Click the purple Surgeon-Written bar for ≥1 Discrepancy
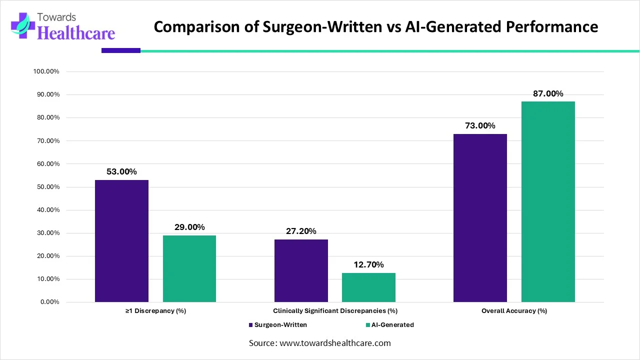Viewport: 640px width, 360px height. [121, 241]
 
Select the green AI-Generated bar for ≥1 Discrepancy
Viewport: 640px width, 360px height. [189, 268]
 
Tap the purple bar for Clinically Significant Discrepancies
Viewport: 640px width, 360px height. [301, 270]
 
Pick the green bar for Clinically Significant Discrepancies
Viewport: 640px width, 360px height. [368, 287]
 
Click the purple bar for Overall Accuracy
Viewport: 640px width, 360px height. [480, 218]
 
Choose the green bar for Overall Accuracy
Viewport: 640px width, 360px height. [548, 202]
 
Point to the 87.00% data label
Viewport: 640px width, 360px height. [548, 93]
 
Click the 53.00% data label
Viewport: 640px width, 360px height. [121, 171]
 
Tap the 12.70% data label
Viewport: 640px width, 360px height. [368, 264]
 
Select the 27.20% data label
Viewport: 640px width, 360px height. [301, 231]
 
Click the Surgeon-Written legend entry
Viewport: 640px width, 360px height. [280, 324]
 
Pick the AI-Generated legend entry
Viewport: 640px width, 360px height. [392, 324]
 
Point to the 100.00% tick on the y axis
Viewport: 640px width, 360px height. [46, 71]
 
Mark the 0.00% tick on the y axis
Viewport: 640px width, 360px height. [49, 302]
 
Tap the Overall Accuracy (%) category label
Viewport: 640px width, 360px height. [514, 310]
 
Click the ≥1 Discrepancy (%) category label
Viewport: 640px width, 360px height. [155, 310]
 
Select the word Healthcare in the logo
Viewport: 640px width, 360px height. [76, 32]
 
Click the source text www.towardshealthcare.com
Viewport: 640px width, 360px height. [335, 343]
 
